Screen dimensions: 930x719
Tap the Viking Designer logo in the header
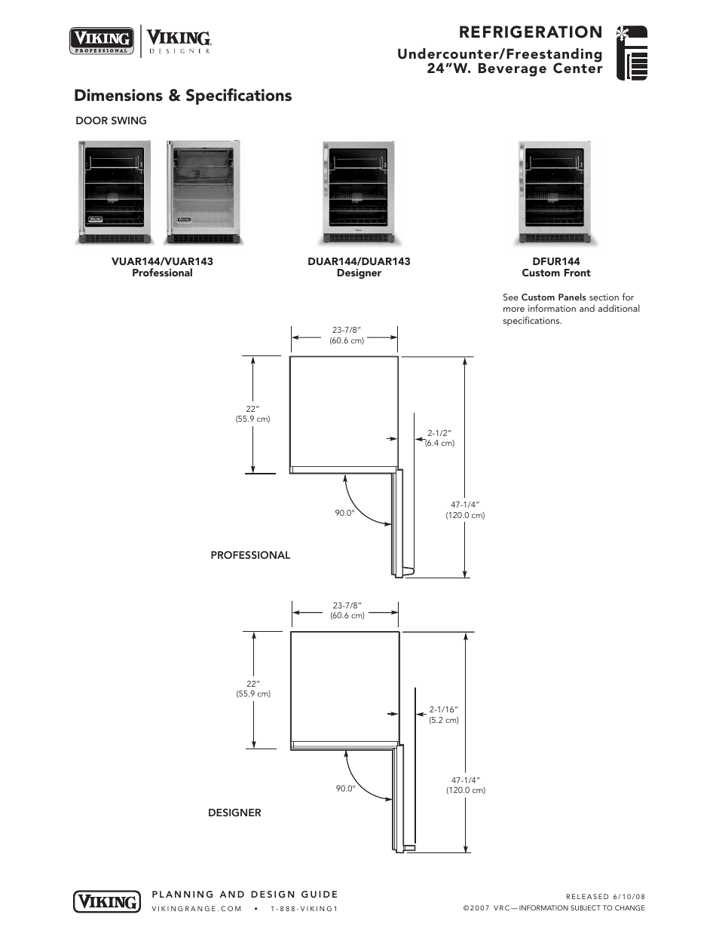[x=179, y=41]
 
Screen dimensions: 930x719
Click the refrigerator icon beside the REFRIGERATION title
[x=632, y=53]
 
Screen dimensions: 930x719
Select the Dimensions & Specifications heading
[x=182, y=96]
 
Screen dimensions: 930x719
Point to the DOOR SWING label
[x=111, y=120]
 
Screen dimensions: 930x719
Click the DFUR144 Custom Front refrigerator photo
[x=555, y=193]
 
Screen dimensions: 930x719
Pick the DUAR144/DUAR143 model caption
[x=359, y=261]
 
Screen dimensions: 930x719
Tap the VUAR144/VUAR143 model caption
[x=162, y=261]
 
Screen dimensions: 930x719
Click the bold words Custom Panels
[x=553, y=297]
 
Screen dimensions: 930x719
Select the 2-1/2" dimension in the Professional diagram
[x=439, y=433]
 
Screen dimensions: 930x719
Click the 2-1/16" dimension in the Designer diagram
[x=444, y=709]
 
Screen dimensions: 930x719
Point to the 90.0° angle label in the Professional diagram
[x=344, y=513]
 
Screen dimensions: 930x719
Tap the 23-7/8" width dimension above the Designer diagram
[x=347, y=605]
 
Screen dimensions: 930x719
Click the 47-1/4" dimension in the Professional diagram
[x=465, y=505]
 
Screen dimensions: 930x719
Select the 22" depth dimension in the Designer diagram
[x=252, y=684]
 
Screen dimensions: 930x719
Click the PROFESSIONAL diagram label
[x=250, y=555]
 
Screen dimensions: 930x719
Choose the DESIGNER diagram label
[x=234, y=813]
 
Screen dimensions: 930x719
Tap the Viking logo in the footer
[x=106, y=901]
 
